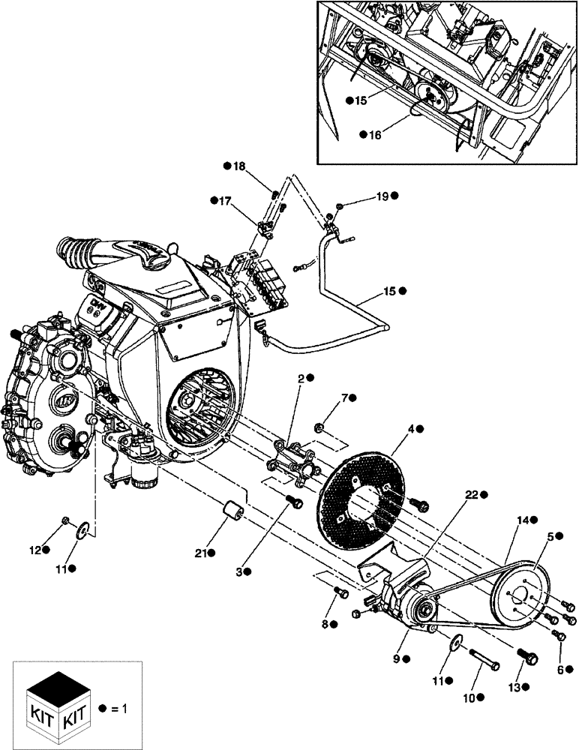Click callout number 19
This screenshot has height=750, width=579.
[382, 196]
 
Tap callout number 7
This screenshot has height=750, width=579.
[346, 397]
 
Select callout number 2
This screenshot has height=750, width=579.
[301, 379]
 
